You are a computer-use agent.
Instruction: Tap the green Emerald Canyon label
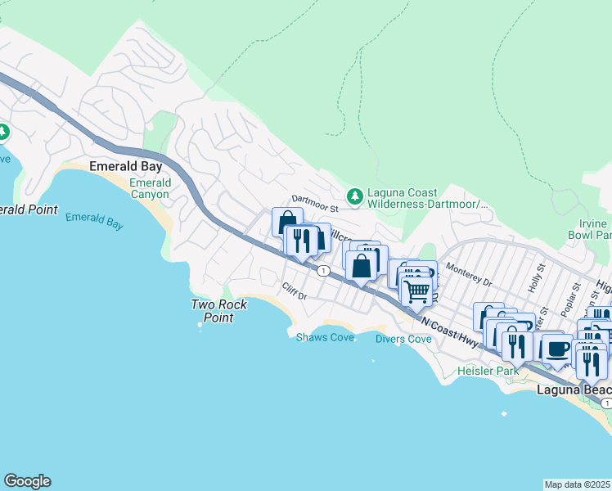[x=150, y=188]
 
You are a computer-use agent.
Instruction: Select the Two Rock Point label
[x=213, y=311]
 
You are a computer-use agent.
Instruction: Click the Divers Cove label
[x=403, y=339]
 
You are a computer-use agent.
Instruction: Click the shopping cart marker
[x=417, y=291]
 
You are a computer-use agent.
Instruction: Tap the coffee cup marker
[x=557, y=349]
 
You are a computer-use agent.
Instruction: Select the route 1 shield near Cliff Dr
[x=324, y=271]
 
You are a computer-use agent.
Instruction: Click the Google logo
[x=27, y=481]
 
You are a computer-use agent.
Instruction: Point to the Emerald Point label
[x=28, y=209]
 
